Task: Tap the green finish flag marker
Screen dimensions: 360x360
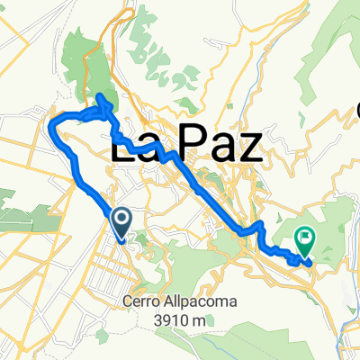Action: click(305, 238)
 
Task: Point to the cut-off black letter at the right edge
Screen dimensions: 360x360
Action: click(355, 112)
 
